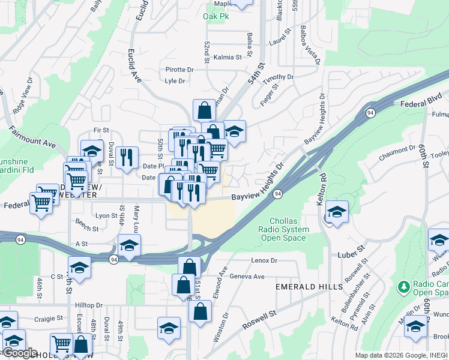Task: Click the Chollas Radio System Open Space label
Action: click(x=284, y=229)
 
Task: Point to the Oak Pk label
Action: click(x=215, y=16)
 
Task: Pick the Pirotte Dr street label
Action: click(x=179, y=70)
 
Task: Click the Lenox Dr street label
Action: click(x=264, y=260)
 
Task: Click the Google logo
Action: click(x=19, y=353)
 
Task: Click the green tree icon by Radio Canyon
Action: click(x=403, y=288)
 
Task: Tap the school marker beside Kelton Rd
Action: click(x=337, y=212)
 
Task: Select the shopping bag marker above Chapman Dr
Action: click(x=204, y=110)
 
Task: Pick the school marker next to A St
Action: click(x=129, y=245)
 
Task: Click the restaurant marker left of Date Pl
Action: click(x=126, y=158)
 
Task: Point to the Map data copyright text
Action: click(x=401, y=355)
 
